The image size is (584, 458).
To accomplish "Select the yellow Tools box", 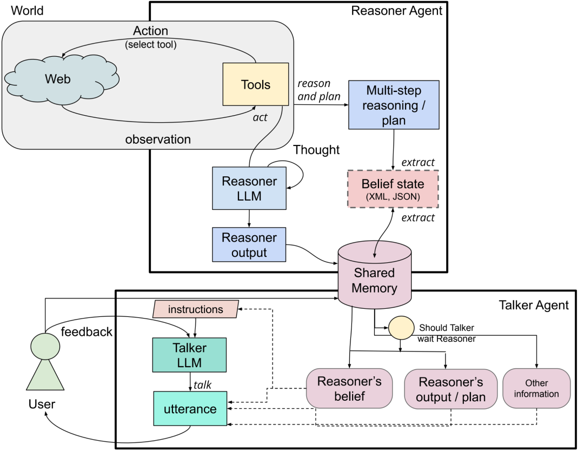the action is click(255, 84).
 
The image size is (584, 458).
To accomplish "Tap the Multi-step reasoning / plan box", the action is click(394, 105).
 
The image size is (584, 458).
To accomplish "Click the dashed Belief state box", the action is click(393, 189).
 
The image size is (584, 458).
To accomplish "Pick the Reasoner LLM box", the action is click(249, 188).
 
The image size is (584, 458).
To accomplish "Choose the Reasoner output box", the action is click(249, 244).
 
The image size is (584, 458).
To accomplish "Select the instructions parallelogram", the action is click(196, 309).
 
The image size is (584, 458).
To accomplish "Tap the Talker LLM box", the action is click(189, 355).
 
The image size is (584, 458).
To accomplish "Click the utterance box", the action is click(190, 408).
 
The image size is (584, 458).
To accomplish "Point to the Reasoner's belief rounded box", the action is click(349, 388).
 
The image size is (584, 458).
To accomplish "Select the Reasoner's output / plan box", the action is click(450, 389).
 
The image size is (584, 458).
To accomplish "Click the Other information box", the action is click(537, 388).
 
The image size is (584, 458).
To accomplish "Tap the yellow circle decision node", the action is click(401, 328).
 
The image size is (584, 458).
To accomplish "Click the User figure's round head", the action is click(45, 346).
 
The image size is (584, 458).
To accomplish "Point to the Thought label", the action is click(316, 150).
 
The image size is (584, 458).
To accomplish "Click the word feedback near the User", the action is click(87, 332).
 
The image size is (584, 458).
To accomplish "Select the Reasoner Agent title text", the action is click(397, 11).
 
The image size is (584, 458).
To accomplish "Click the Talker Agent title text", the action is click(534, 306).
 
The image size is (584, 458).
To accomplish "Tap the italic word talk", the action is click(202, 384).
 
